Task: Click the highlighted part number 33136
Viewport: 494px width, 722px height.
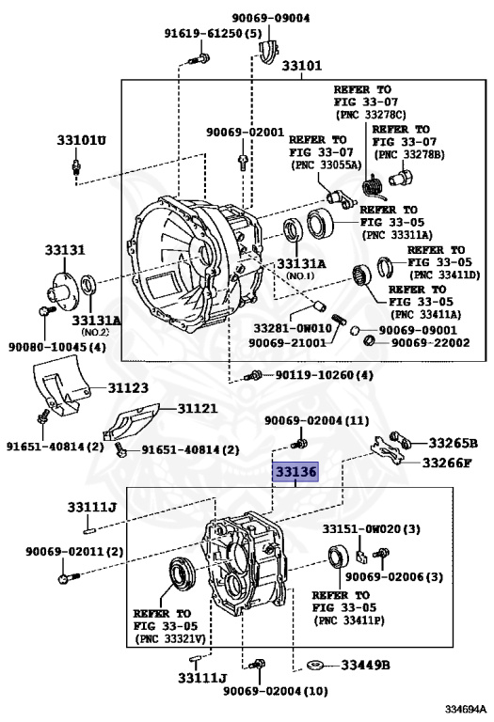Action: pyautogui.click(x=295, y=472)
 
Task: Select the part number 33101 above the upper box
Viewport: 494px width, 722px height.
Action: pyautogui.click(x=302, y=66)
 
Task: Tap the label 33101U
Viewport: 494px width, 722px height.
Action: pyautogui.click(x=82, y=140)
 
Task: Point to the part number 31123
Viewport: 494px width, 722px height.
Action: pyautogui.click(x=128, y=387)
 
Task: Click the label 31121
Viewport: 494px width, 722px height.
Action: pyautogui.click(x=198, y=408)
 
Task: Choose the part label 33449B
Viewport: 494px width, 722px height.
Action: pyautogui.click(x=365, y=665)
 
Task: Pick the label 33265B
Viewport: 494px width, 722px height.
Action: pyautogui.click(x=453, y=443)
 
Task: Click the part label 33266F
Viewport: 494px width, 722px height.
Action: pyautogui.click(x=447, y=463)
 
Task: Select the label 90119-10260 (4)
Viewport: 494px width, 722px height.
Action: pyautogui.click(x=325, y=375)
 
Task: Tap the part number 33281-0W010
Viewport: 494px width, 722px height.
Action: pyautogui.click(x=293, y=328)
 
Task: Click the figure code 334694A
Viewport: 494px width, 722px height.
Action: pyautogui.click(x=466, y=708)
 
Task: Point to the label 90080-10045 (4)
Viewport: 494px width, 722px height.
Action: pyautogui.click(x=57, y=347)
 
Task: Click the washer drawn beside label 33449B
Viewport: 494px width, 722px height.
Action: pyautogui.click(x=315, y=665)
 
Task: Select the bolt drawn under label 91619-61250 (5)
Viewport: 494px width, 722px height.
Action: pyautogui.click(x=199, y=59)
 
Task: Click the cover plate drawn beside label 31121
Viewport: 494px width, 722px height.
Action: pyautogui.click(x=132, y=422)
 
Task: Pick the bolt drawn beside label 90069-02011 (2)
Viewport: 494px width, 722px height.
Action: pyautogui.click(x=69, y=577)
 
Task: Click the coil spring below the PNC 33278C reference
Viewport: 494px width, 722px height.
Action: pyautogui.click(x=371, y=188)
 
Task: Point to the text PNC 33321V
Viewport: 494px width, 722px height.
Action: pyautogui.click(x=169, y=638)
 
